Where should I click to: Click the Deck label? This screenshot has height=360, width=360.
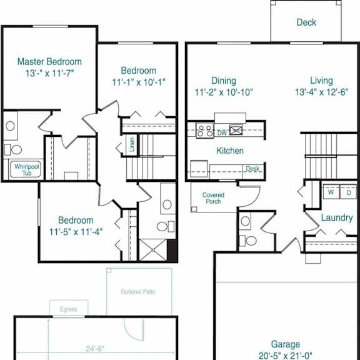coord(306,22)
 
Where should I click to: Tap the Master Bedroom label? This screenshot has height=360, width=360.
coord(49,61)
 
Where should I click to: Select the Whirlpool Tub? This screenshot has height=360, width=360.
coord(27,169)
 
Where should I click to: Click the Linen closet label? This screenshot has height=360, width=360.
coord(132,144)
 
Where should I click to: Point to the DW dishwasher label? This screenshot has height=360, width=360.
coord(222,132)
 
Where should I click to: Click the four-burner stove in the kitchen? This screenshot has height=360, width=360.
coord(204,131)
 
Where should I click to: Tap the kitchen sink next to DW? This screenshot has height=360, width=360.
coord(236,130)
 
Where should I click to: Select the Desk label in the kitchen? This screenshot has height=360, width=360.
coord(252,169)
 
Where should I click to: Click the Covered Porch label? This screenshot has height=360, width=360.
coord(213,198)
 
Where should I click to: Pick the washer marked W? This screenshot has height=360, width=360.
coord(331,192)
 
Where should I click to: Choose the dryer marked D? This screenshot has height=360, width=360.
coord(349,192)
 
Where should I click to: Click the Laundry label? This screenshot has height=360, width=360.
coord(337,218)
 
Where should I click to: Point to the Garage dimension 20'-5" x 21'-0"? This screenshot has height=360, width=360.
coord(286,356)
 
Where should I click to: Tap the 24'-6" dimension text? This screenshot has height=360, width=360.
coord(95,349)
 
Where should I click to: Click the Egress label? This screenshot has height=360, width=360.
coord(68,309)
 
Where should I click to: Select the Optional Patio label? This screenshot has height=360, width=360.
coord(137,292)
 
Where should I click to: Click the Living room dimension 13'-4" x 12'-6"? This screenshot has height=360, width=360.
coord(321,92)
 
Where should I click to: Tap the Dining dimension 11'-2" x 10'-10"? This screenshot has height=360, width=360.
coord(224,92)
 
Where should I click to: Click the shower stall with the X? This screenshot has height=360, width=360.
coord(153,250)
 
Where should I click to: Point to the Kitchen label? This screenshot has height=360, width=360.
coord(230,151)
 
